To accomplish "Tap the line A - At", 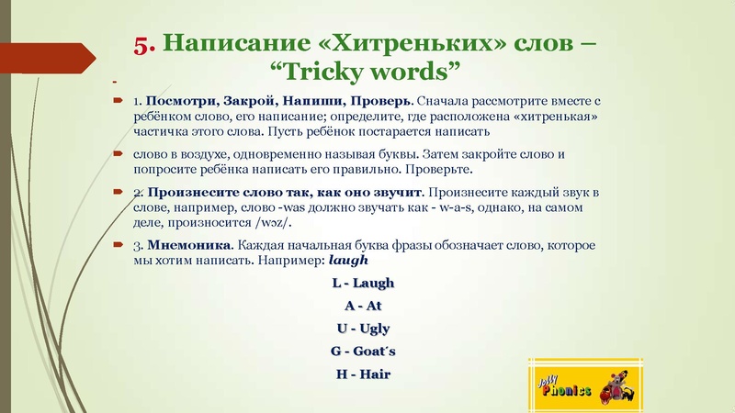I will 362,306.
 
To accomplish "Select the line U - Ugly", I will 362,329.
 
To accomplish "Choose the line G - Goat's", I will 362,352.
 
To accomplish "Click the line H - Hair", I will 362,374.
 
